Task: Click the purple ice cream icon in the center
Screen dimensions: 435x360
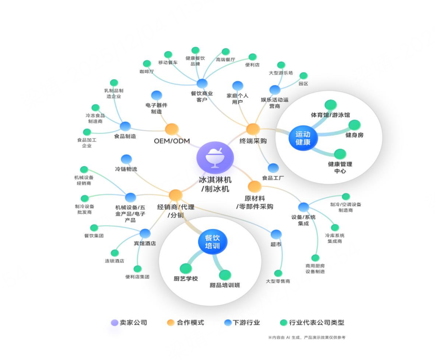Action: click(x=215, y=158)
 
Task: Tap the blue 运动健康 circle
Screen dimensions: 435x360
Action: click(x=303, y=138)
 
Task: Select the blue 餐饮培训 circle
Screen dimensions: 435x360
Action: click(x=213, y=241)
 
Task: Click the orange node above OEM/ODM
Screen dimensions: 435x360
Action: click(x=172, y=130)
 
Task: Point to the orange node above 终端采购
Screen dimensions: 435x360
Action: click(x=253, y=129)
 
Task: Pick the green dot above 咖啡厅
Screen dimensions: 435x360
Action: click(x=147, y=64)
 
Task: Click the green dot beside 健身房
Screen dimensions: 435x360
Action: click(x=354, y=125)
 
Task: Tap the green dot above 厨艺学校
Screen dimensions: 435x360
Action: click(x=186, y=268)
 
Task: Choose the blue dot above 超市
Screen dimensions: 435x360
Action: click(x=276, y=234)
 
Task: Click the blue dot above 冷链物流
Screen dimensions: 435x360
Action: click(x=127, y=159)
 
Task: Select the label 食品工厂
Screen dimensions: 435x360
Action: click(x=273, y=178)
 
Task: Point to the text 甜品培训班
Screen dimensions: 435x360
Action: click(x=225, y=285)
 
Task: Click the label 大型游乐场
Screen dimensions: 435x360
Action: click(x=281, y=73)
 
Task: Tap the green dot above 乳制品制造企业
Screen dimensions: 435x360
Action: click(x=114, y=83)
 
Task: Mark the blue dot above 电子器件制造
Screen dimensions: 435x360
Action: click(x=157, y=95)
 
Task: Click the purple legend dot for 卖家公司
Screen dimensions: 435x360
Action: click(x=115, y=322)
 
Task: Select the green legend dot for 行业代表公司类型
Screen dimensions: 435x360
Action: click(x=284, y=322)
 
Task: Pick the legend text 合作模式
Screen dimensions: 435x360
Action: click(x=190, y=322)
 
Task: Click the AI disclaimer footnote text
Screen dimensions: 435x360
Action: click(x=307, y=338)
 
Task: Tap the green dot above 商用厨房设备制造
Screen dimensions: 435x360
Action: click(x=315, y=258)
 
